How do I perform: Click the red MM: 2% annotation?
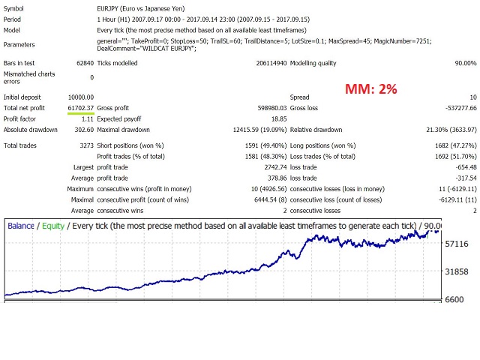click(x=371, y=89)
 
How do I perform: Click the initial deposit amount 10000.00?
click(x=80, y=97)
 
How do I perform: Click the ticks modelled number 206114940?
click(x=256, y=63)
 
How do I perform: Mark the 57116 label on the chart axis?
click(x=457, y=244)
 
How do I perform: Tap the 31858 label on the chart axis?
click(x=457, y=271)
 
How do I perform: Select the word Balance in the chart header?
click(x=21, y=225)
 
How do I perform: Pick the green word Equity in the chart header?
click(x=53, y=225)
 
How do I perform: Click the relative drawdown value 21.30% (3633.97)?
click(x=444, y=129)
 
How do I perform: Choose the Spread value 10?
click(x=472, y=97)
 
